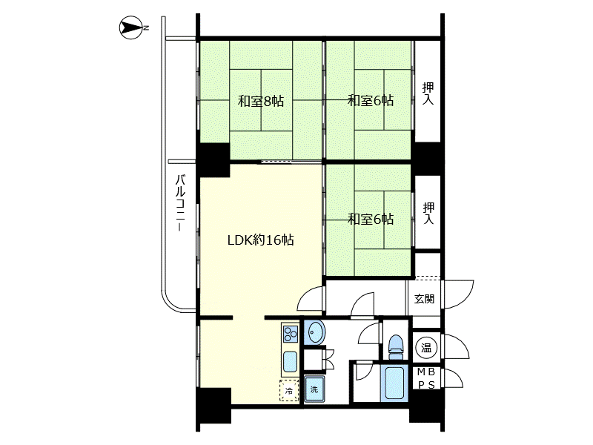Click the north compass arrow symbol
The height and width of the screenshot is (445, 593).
[x=131, y=27]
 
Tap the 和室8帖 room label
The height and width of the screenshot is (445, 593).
[x=261, y=102]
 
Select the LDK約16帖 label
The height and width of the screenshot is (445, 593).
[x=261, y=240]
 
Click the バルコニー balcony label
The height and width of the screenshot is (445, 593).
[x=181, y=202]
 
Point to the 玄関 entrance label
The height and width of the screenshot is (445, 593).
[x=424, y=299]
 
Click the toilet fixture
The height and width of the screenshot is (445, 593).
[x=396, y=346]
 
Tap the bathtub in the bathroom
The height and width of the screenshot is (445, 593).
[x=394, y=383]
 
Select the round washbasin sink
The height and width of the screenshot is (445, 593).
[x=314, y=332]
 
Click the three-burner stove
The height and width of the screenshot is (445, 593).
[x=290, y=334]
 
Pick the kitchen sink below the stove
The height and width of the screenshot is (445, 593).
[x=290, y=362]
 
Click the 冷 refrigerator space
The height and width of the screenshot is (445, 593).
[x=289, y=391]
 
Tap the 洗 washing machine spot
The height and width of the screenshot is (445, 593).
[x=314, y=389]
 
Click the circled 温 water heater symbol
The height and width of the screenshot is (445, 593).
[x=426, y=347]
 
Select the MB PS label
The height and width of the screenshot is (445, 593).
[x=426, y=378]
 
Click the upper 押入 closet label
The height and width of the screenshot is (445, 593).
[x=428, y=93]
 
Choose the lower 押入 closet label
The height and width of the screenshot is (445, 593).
[x=428, y=213]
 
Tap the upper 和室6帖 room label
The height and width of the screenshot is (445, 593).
[x=371, y=101]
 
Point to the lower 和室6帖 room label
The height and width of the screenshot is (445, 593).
[x=371, y=219]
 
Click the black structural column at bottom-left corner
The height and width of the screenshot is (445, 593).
[x=213, y=405]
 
